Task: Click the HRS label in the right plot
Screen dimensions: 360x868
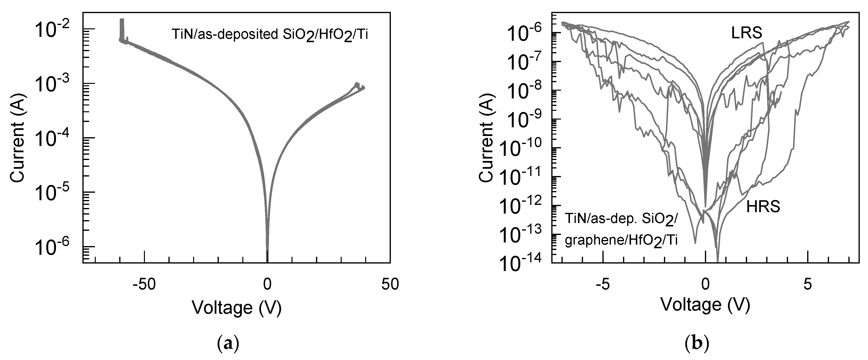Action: pos(763,206)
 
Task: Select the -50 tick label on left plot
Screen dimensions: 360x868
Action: pos(144,285)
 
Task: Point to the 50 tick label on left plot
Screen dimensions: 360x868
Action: pos(390,285)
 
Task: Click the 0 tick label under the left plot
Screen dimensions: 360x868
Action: pos(267,285)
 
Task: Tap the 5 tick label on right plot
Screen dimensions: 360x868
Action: pos(808,285)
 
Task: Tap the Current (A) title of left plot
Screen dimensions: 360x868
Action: pos(17,138)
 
